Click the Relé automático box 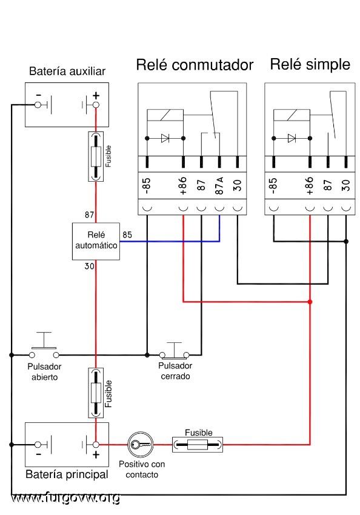click(96, 241)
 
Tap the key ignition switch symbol click(141, 444)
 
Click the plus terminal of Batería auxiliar click(96, 105)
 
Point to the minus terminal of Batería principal click(38, 444)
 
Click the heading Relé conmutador click(195, 65)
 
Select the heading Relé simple click(310, 64)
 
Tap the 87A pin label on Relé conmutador click(219, 185)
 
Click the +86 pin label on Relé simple click(310, 185)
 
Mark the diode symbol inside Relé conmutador click(165, 138)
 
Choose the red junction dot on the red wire click(310, 302)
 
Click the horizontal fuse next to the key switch click(198, 445)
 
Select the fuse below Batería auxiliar click(96, 156)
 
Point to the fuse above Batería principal click(96, 393)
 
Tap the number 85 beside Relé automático click(127, 235)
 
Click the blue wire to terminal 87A click(170, 241)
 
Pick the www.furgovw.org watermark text click(65, 498)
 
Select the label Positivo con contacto click(142, 470)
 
